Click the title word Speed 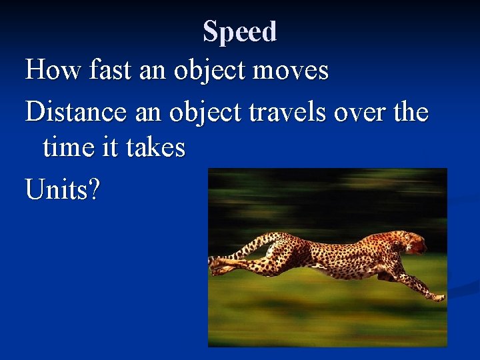(x=239, y=31)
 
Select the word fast (x=100, y=69)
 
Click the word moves (x=295, y=69)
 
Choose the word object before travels (x=206, y=112)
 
